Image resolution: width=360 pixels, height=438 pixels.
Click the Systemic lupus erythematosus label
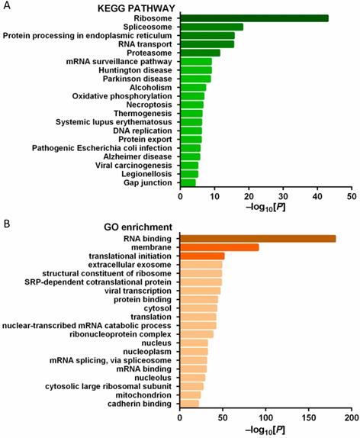114,121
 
